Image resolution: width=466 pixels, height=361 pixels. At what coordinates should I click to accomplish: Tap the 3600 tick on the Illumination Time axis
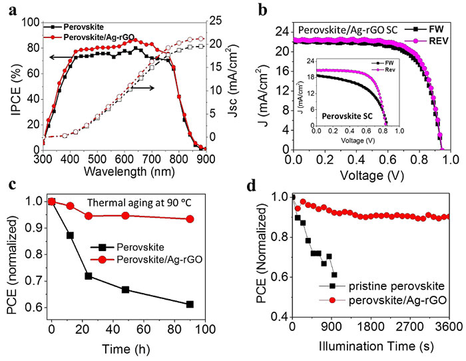pyautogui.click(x=449, y=328)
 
